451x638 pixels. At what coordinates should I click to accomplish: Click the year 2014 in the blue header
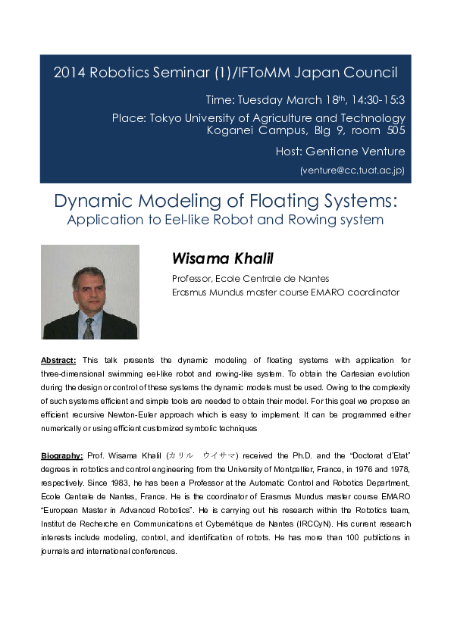coord(69,73)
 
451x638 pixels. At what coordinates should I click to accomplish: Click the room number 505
coord(391,130)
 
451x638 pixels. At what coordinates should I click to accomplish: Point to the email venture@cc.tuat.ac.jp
coord(353,170)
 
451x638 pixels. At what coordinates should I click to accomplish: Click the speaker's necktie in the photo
coord(89,327)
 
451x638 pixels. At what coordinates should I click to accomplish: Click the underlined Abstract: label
coord(58,360)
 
